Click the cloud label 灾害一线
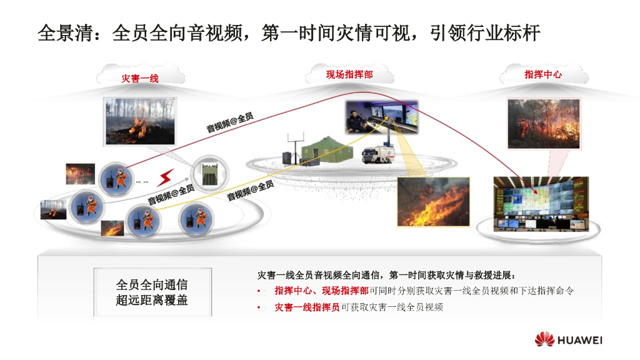point(140,78)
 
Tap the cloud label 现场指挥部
point(349,74)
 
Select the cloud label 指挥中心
point(542,74)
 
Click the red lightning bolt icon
point(166,177)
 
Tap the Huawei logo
point(568,340)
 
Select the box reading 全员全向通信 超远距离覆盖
point(152,292)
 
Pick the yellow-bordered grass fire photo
point(433,201)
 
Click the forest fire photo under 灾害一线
point(139,121)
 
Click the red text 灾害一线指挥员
point(307,307)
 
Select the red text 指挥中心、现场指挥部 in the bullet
point(321,291)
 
